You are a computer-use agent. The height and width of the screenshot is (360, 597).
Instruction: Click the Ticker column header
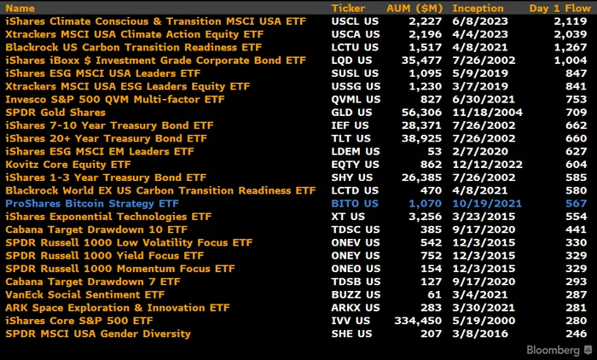348,8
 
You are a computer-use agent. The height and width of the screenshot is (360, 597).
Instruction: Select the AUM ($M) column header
414,8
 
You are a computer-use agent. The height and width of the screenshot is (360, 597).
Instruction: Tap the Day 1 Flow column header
559,8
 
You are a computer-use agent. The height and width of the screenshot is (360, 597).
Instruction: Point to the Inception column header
478,8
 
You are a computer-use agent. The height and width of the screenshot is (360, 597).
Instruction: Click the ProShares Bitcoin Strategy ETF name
92,203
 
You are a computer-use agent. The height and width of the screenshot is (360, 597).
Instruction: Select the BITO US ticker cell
355,203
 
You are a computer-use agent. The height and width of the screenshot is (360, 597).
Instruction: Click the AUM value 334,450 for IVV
418,321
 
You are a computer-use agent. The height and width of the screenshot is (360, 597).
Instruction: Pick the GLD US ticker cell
351,113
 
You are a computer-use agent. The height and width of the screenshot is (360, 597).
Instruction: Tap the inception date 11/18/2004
487,113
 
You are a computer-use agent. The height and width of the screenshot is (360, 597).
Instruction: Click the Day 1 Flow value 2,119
571,21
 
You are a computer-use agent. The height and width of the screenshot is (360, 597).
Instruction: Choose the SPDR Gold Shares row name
55,113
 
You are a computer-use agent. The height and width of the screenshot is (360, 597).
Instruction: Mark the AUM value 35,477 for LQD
421,61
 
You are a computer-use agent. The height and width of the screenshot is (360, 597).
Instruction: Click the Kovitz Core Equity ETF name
68,165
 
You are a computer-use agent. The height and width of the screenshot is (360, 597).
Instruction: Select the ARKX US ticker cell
356,308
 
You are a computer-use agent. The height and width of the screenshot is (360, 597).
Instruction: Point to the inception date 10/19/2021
487,203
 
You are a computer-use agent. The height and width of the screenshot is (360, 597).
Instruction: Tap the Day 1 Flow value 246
576,334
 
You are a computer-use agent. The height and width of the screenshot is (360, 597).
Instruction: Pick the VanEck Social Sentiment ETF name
85,295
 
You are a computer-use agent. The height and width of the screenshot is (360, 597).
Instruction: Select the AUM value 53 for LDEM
434,152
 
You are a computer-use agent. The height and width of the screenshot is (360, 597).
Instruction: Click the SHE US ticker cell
351,334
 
